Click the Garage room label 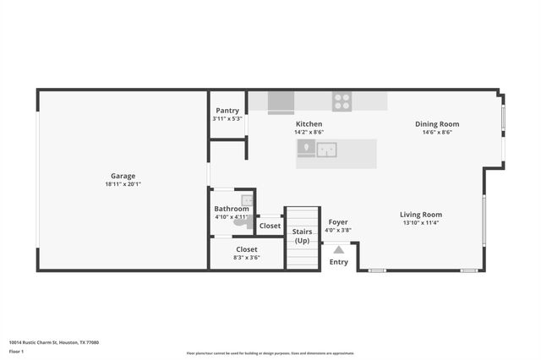pos(123,176)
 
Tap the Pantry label pos(227,111)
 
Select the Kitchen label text pos(309,124)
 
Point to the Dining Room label pos(437,124)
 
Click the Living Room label pos(421,215)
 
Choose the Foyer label pos(338,222)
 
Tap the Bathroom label pos(232,209)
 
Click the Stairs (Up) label pos(302,236)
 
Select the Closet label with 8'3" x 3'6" pos(247,249)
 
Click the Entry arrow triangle pos(338,249)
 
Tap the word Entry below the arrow pos(338,262)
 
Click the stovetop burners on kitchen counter pos(342,102)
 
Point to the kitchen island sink pos(326,150)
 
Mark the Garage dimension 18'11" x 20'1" pos(123,184)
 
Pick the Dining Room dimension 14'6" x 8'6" pos(437,132)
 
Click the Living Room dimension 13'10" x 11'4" pos(421,223)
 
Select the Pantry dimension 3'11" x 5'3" pos(227,118)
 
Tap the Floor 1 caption pos(17,351)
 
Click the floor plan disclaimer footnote pos(270,353)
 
